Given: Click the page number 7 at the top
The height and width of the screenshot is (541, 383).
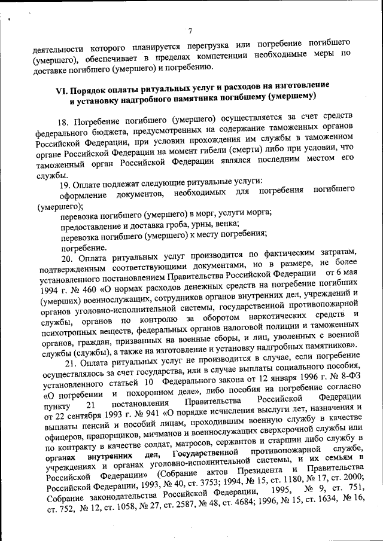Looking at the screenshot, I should (x=190, y=31).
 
